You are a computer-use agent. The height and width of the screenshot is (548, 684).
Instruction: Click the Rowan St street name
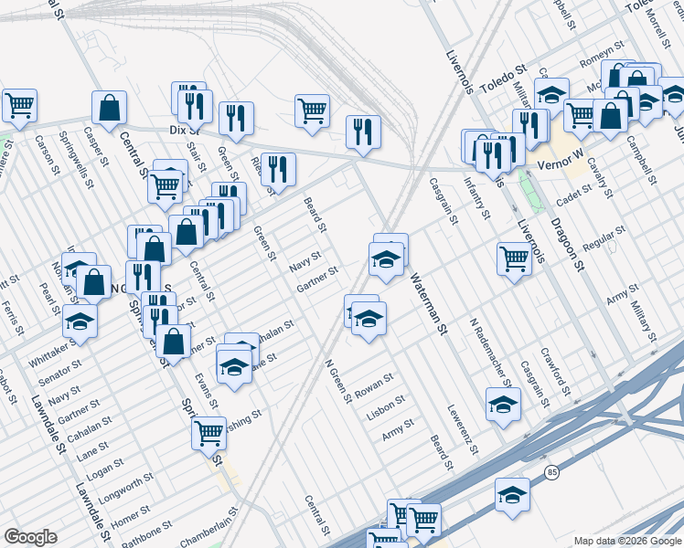374,381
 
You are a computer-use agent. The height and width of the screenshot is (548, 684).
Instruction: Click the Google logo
31,537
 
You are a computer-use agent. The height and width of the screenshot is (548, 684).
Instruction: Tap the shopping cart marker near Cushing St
209,431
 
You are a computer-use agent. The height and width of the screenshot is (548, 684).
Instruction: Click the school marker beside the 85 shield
512,494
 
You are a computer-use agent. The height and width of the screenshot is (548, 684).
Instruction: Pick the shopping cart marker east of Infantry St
515,259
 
